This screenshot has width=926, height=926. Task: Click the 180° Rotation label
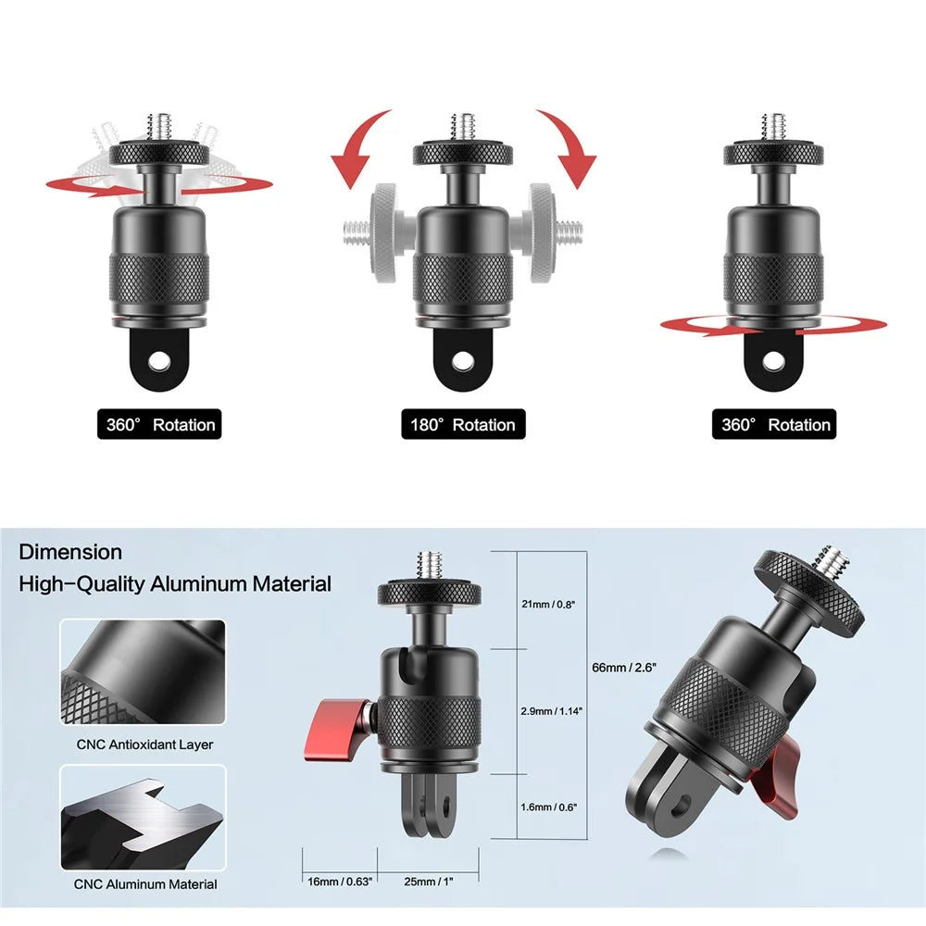[x=463, y=425]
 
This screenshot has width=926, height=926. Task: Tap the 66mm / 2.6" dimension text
[x=623, y=668]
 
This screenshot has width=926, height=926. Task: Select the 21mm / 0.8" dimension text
[x=548, y=604]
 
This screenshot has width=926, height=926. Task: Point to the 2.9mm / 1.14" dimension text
[x=551, y=711]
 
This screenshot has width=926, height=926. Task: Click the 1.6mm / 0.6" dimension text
[x=548, y=807]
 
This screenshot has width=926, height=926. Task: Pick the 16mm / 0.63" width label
[x=340, y=882]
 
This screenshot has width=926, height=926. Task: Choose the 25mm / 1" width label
[x=429, y=882]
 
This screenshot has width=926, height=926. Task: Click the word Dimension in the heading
[x=70, y=552]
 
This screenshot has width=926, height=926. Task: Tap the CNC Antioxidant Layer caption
[x=144, y=745]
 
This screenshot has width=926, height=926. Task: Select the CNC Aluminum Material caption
[x=145, y=884]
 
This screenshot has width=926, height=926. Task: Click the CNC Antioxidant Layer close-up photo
[x=143, y=672]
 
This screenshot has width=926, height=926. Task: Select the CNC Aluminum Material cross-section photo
[x=143, y=818]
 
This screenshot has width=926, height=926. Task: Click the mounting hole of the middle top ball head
[x=462, y=359]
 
